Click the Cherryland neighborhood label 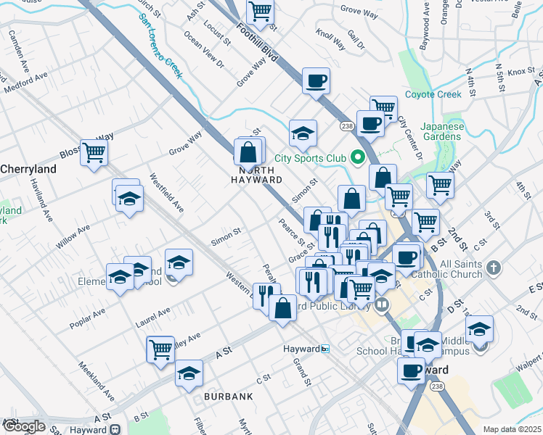point(28,168)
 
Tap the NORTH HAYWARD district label point(256,175)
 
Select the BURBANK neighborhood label point(229,397)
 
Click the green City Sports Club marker point(356,157)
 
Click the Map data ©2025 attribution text point(513,429)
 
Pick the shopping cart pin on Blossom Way point(94,152)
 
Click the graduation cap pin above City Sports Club point(303,133)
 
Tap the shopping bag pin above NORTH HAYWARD point(248,152)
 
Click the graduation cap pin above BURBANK point(189,373)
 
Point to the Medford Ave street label point(25,81)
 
